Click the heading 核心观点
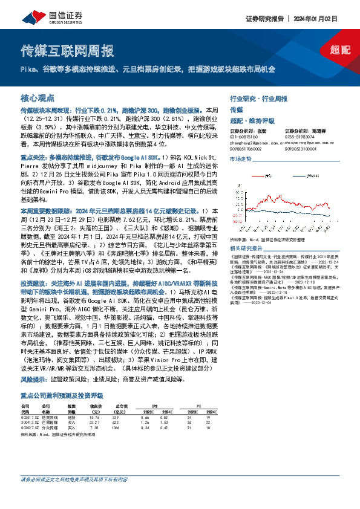[38, 97]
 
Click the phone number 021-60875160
[243, 137]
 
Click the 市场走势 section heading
[240, 158]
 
